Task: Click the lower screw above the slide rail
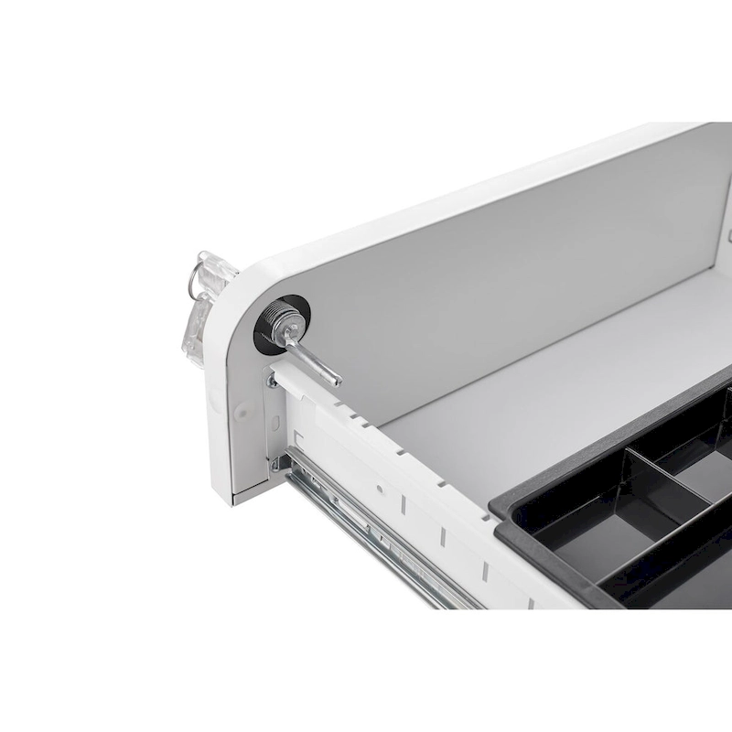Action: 274,466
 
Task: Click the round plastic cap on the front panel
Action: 242,412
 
